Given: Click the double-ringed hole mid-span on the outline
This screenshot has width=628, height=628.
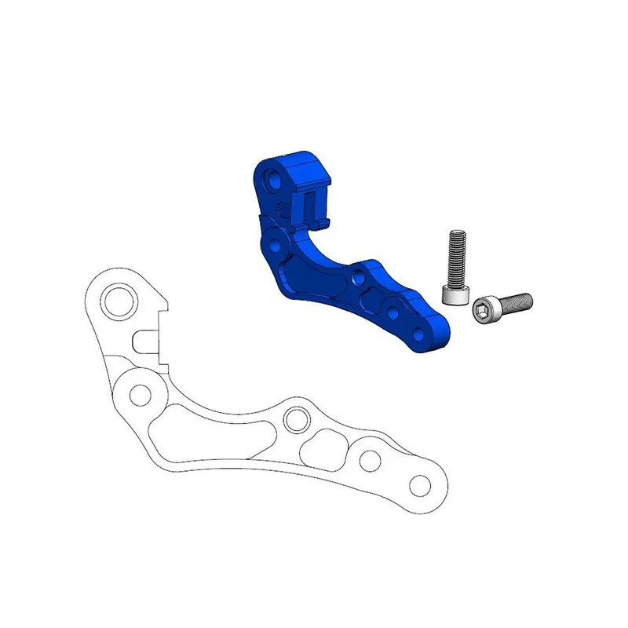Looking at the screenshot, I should [297, 420].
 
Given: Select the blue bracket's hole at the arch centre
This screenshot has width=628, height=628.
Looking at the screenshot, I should [358, 276].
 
